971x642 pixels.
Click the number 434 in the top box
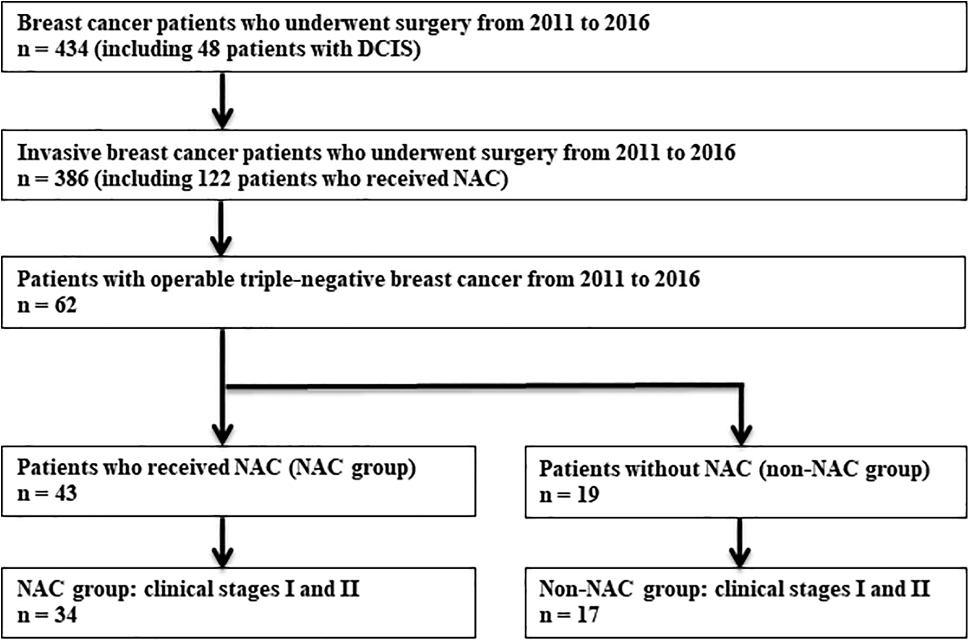click(72, 49)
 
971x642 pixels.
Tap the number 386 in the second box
click(72, 178)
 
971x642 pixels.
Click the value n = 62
click(47, 305)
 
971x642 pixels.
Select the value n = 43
click(47, 493)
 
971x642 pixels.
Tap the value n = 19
click(569, 494)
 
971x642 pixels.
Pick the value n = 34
click(47, 614)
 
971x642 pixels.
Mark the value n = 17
click(569, 614)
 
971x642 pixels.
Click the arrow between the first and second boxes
click(222, 101)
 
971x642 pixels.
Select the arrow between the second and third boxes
click(221, 228)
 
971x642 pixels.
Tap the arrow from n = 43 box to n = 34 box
click(222, 542)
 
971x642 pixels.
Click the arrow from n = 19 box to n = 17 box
click(740, 543)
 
